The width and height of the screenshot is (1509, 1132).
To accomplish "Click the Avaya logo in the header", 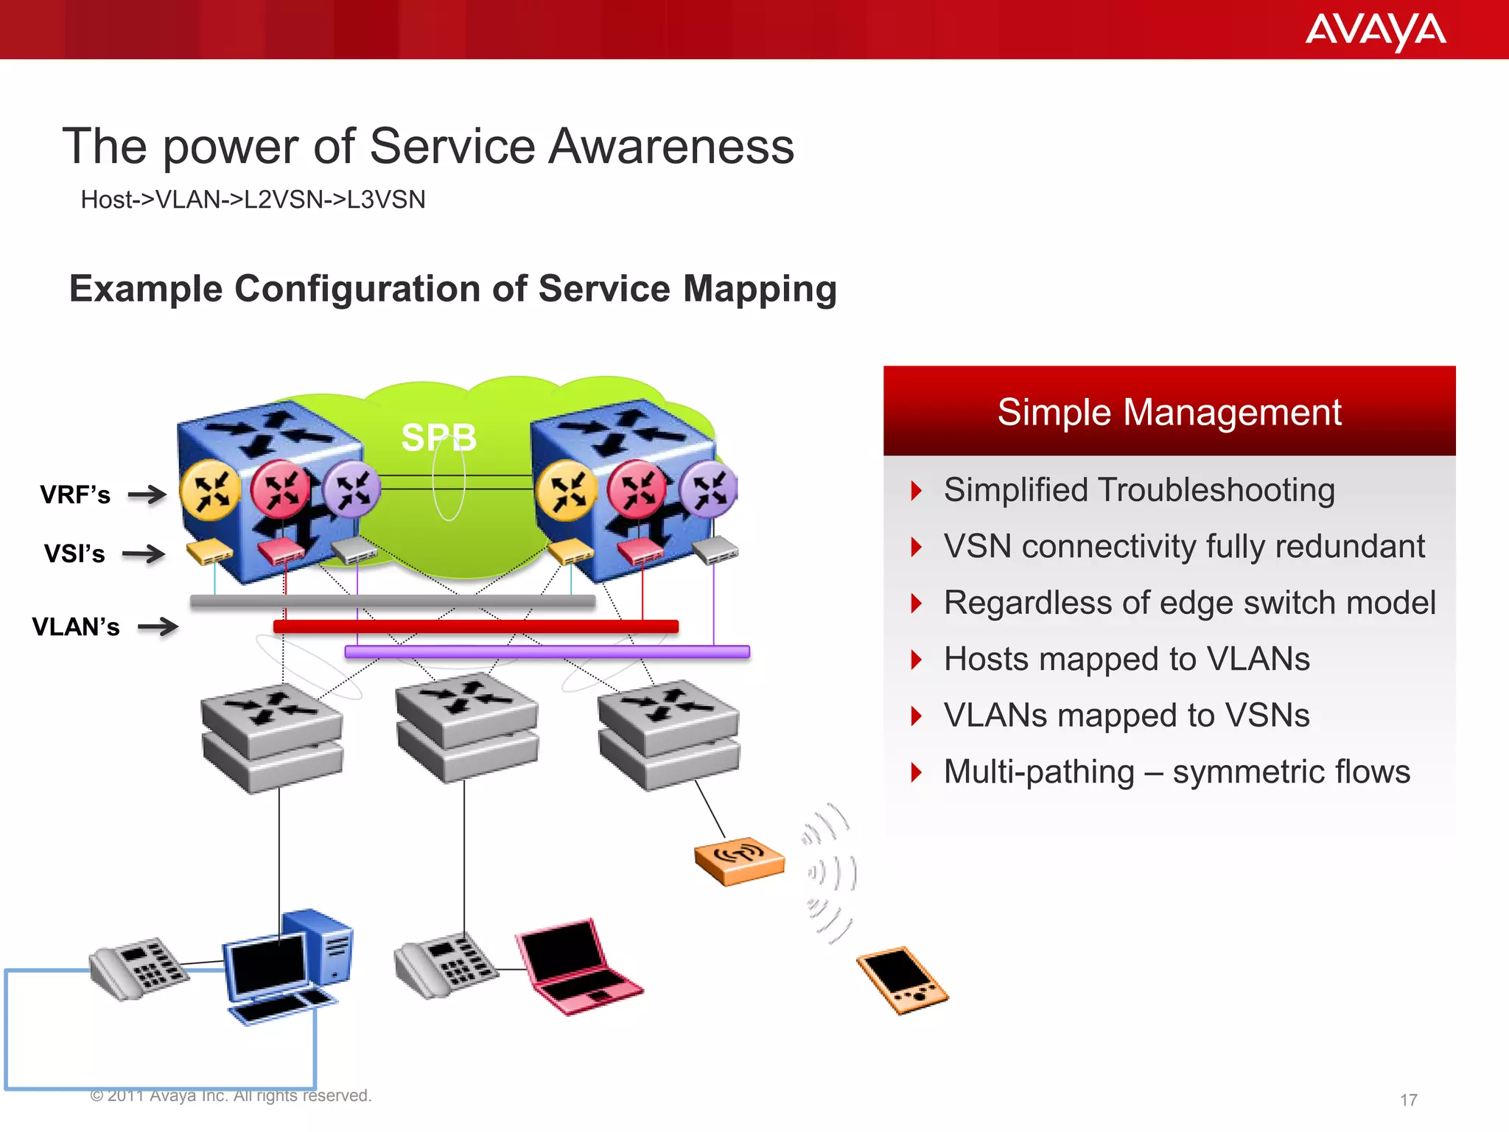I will (x=1375, y=31).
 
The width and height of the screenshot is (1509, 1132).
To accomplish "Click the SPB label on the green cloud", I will (x=438, y=438).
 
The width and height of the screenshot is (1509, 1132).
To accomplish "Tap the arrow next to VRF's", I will (x=147, y=495).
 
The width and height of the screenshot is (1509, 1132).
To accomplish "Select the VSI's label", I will (x=74, y=553).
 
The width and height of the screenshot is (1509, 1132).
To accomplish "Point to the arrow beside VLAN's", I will (x=158, y=627).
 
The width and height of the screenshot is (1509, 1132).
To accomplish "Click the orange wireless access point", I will (x=739, y=861).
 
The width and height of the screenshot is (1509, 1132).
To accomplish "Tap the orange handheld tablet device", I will (x=902, y=979).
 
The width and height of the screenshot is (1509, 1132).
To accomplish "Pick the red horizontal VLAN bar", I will (x=475, y=626).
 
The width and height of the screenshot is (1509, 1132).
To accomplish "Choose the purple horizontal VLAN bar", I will (x=547, y=652).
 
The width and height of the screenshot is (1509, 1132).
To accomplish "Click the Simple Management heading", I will (x=1169, y=412).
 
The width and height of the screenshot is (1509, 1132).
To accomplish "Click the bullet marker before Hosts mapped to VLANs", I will (x=916, y=660).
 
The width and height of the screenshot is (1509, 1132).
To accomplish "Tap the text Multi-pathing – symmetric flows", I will (x=1176, y=772).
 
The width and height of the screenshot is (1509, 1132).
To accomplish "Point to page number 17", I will (x=1408, y=1100).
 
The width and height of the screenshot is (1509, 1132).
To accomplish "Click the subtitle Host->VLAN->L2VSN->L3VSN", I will (x=253, y=200).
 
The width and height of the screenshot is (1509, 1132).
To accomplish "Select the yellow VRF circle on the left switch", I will (x=211, y=490).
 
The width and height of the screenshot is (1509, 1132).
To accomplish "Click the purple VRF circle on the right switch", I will (x=708, y=490).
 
